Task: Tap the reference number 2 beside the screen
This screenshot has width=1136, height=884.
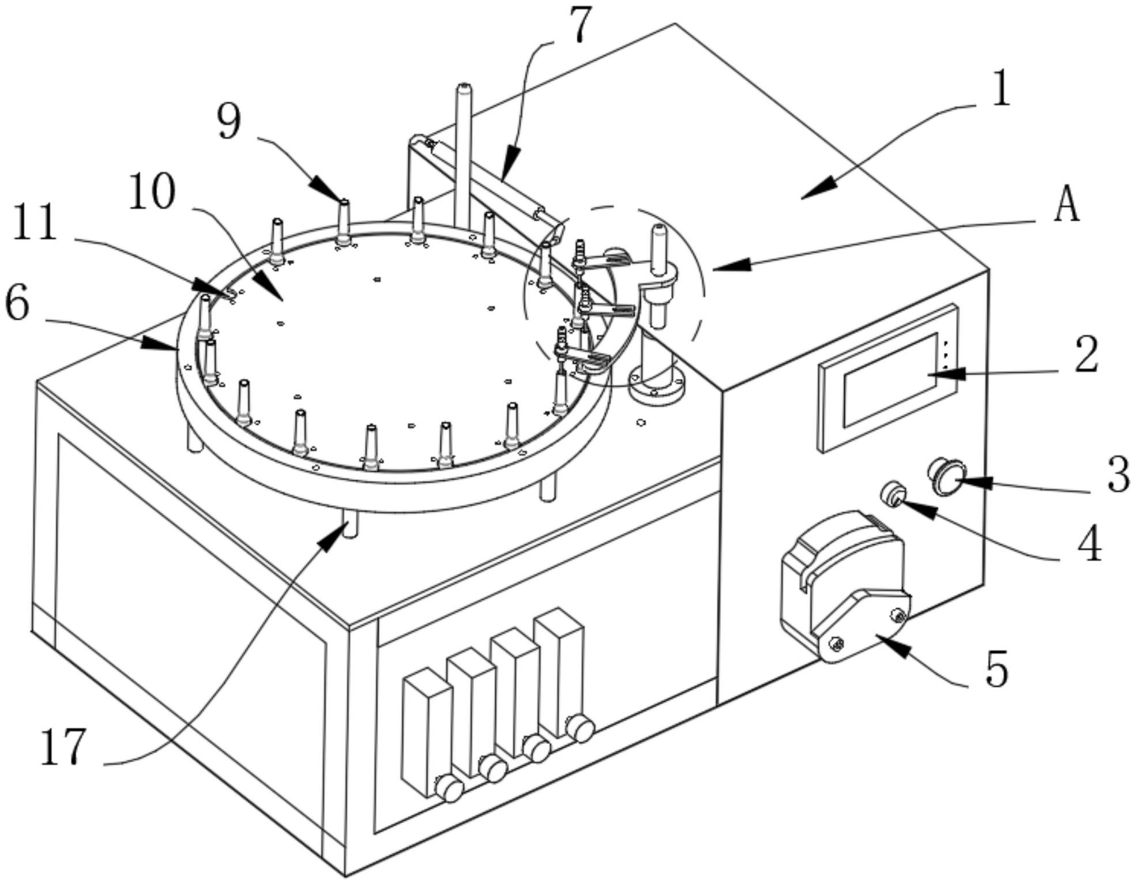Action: point(1085,355)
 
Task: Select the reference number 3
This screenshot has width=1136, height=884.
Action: point(1119,475)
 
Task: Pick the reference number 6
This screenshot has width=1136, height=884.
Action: point(17,304)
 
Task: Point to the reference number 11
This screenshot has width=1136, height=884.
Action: point(35,223)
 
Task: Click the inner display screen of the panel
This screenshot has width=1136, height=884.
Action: point(892,379)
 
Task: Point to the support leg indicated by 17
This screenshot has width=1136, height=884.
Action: point(349,522)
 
